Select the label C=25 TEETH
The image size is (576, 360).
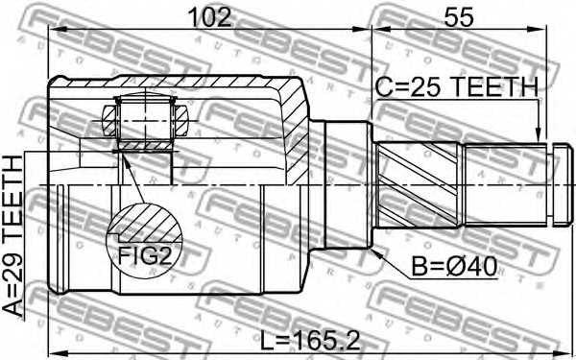pyautogui.click(x=456, y=87)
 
